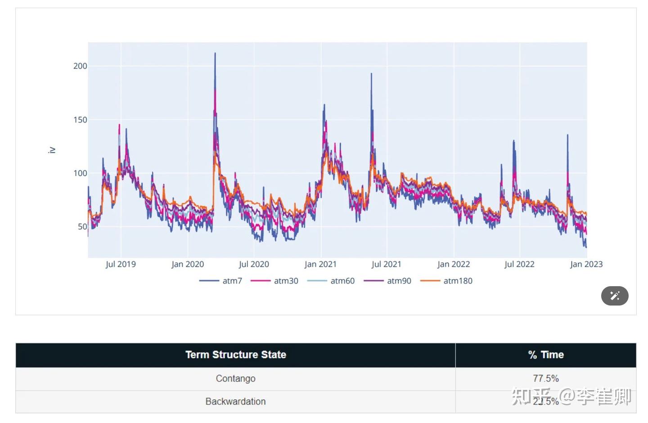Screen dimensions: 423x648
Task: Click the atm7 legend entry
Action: pos(221,281)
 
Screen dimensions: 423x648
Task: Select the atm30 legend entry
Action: pos(275,281)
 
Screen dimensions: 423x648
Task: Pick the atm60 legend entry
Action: pos(331,281)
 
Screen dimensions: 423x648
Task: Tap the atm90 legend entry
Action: pos(388,281)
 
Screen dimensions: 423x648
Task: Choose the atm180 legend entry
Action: pos(446,281)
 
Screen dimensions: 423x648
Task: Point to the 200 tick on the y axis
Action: pos(80,66)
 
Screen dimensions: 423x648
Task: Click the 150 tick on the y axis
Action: pos(80,120)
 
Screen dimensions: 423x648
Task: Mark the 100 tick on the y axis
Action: pos(80,173)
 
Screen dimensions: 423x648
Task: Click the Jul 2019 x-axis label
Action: pos(121,264)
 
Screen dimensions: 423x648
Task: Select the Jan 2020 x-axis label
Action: pos(188,264)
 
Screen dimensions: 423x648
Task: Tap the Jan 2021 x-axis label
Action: pos(320,264)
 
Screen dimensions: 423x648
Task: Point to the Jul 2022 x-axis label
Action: pos(519,264)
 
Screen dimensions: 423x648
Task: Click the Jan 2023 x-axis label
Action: pos(586,264)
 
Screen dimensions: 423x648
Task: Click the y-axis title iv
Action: pos(52,150)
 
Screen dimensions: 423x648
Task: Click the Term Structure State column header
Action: pos(236,355)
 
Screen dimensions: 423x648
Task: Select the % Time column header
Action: pos(546,355)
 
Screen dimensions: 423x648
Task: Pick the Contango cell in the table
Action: pos(236,378)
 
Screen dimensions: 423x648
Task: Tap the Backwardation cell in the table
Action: pos(236,401)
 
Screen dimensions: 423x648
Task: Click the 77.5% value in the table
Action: pos(546,378)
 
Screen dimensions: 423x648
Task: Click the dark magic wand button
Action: pos(615,296)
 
